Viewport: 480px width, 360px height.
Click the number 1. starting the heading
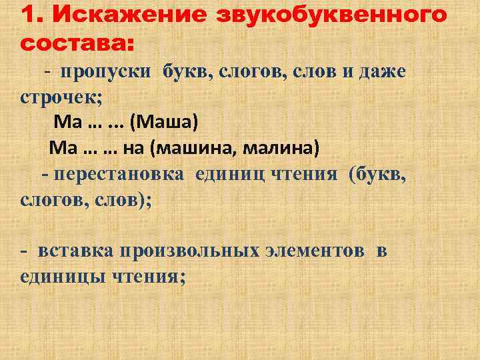coord(33,15)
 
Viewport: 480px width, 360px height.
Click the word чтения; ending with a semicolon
coord(149,276)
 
